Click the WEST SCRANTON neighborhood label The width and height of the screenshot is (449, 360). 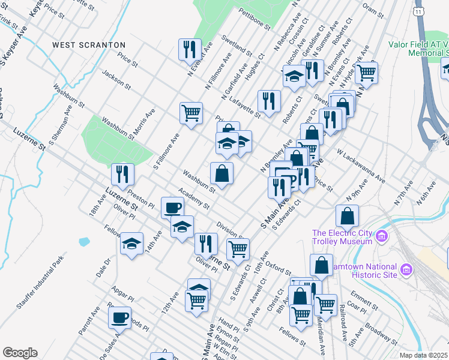click(88, 45)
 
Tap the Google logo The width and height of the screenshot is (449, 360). click(20, 353)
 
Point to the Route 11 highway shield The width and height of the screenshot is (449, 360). click(419, 11)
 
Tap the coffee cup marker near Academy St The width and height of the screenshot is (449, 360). click(173, 208)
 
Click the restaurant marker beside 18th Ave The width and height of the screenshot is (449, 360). click(122, 174)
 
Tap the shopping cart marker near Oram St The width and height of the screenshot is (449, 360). click(366, 73)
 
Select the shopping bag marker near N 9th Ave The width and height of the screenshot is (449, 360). click(348, 215)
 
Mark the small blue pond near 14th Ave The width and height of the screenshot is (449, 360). click(84, 242)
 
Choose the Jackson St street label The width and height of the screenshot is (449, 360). click(116, 80)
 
